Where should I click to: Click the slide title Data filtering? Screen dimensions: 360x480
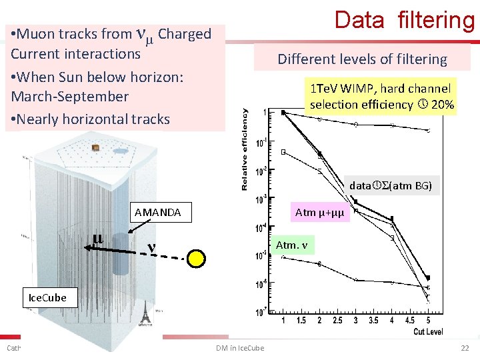click(x=404, y=20)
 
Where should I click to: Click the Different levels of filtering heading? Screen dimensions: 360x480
click(x=362, y=59)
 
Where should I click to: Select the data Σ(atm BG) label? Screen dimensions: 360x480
click(x=392, y=186)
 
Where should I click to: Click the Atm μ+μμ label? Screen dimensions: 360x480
click(x=318, y=213)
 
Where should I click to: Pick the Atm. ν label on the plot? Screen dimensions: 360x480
click(x=292, y=245)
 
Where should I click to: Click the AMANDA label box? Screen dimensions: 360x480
click(x=157, y=213)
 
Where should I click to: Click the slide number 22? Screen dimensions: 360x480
click(x=465, y=348)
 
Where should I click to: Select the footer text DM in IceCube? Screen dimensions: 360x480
click(x=240, y=348)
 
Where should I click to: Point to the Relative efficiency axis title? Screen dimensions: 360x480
click(x=245, y=149)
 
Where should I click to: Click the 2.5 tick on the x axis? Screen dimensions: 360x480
click(x=337, y=321)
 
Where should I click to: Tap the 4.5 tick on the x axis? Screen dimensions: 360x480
click(x=409, y=321)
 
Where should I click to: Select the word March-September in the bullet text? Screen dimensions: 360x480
click(x=70, y=97)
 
